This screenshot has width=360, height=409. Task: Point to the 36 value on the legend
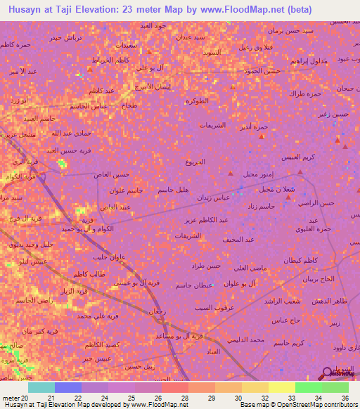click(x=345, y=397)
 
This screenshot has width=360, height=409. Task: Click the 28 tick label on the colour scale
click(x=185, y=397)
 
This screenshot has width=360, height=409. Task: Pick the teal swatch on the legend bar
click(x=41, y=387)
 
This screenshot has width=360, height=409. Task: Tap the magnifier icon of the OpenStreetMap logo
click(x=326, y=372)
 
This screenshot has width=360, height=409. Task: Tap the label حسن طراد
click(x=206, y=266)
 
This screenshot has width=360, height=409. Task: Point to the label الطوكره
click(x=198, y=101)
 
